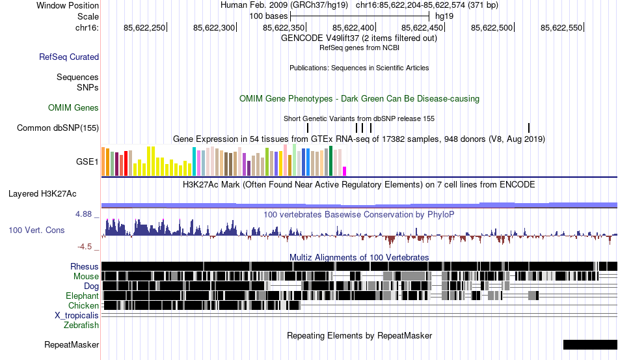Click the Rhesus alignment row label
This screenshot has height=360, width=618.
85,266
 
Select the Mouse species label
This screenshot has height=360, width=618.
86,276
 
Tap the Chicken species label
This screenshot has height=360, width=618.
84,305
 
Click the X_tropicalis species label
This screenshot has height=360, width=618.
77,315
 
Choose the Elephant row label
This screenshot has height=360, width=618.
82,296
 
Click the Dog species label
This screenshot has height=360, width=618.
91,286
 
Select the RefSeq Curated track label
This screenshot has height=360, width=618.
69,57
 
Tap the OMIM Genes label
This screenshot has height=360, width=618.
74,107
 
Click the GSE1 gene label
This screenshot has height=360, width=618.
88,161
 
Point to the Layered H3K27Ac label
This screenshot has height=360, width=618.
42,193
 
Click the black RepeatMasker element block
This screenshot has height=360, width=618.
590,344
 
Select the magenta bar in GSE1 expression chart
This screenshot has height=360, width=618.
345,171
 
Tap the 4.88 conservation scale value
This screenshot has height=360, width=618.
87,214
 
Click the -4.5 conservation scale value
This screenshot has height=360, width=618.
87,247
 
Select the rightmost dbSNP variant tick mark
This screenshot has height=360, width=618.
529,128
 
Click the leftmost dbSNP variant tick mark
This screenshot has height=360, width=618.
308,128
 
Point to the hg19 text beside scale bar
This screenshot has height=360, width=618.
444,15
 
